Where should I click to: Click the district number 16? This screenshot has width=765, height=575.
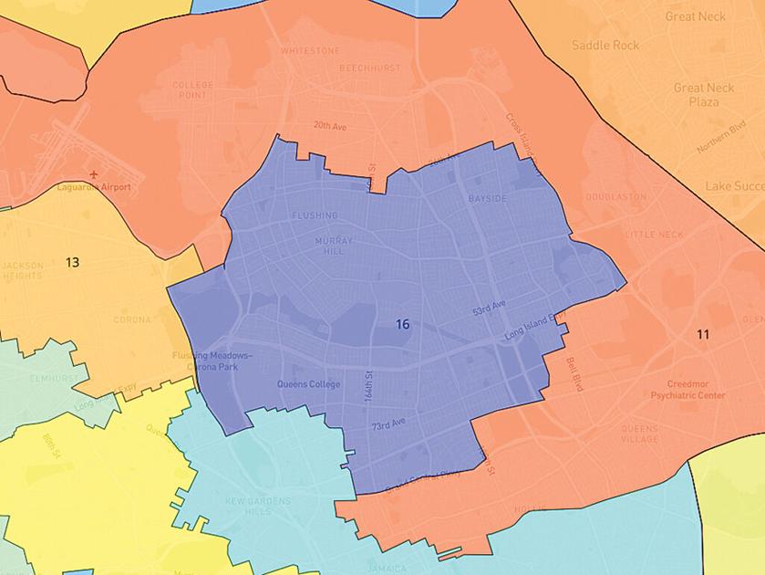(402, 324)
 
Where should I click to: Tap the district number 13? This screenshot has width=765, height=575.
(72, 262)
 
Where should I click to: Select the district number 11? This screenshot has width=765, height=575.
(702, 335)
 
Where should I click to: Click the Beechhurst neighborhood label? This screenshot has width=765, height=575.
(365, 68)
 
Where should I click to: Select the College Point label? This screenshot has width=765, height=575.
(192, 90)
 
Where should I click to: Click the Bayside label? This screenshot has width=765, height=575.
(486, 198)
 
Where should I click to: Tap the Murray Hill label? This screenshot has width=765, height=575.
(333, 246)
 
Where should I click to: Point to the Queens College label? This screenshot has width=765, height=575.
(306, 384)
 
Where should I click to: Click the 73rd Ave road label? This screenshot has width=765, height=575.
(388, 426)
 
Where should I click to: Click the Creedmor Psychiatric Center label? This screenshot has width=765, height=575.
(687, 391)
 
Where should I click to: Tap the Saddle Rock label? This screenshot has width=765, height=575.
(605, 45)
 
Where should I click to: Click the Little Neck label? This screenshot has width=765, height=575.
(654, 235)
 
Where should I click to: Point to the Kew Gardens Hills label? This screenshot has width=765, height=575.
(259, 507)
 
